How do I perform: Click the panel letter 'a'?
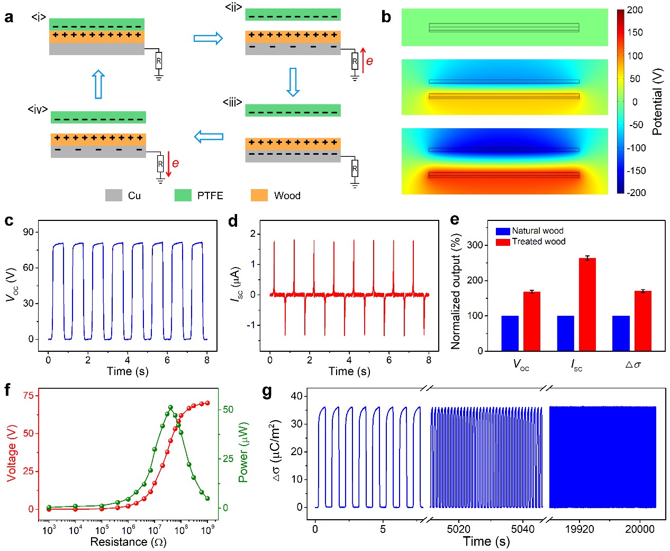pyautogui.click(x=8, y=17)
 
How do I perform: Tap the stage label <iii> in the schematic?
pyautogui.click(x=232, y=102)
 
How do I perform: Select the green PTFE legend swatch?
pyautogui.click(x=183, y=195)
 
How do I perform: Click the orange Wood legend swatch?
pyautogui.click(x=259, y=195)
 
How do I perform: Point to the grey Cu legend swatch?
pyautogui.click(x=114, y=195)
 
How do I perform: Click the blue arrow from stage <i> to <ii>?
pyautogui.click(x=208, y=38)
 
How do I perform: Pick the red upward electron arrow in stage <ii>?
pyautogui.click(x=363, y=60)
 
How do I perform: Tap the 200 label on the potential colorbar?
pyautogui.click(x=635, y=10)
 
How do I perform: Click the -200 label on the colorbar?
pyautogui.click(x=636, y=193)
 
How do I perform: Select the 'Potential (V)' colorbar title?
pyautogui.click(x=658, y=101)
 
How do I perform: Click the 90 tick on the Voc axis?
pyautogui.click(x=29, y=232)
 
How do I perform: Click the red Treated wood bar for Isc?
pyautogui.click(x=587, y=304)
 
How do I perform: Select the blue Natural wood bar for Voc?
pyautogui.click(x=510, y=333)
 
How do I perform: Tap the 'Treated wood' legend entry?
pyautogui.click(x=538, y=242)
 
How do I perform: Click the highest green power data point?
pyautogui.click(x=170, y=407)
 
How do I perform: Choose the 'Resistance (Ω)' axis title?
pyautogui.click(x=128, y=542)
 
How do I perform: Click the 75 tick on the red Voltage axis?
pyautogui.click(x=28, y=395)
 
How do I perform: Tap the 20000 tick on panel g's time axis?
pyautogui.click(x=640, y=529)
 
